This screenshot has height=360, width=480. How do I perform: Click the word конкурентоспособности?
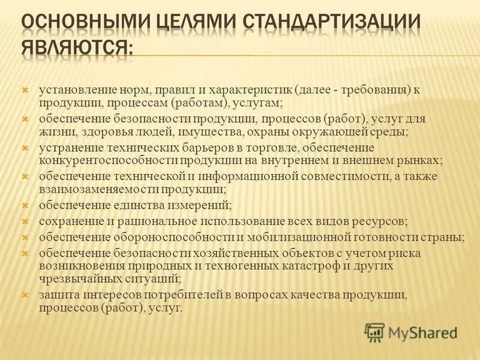coord(98,160)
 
